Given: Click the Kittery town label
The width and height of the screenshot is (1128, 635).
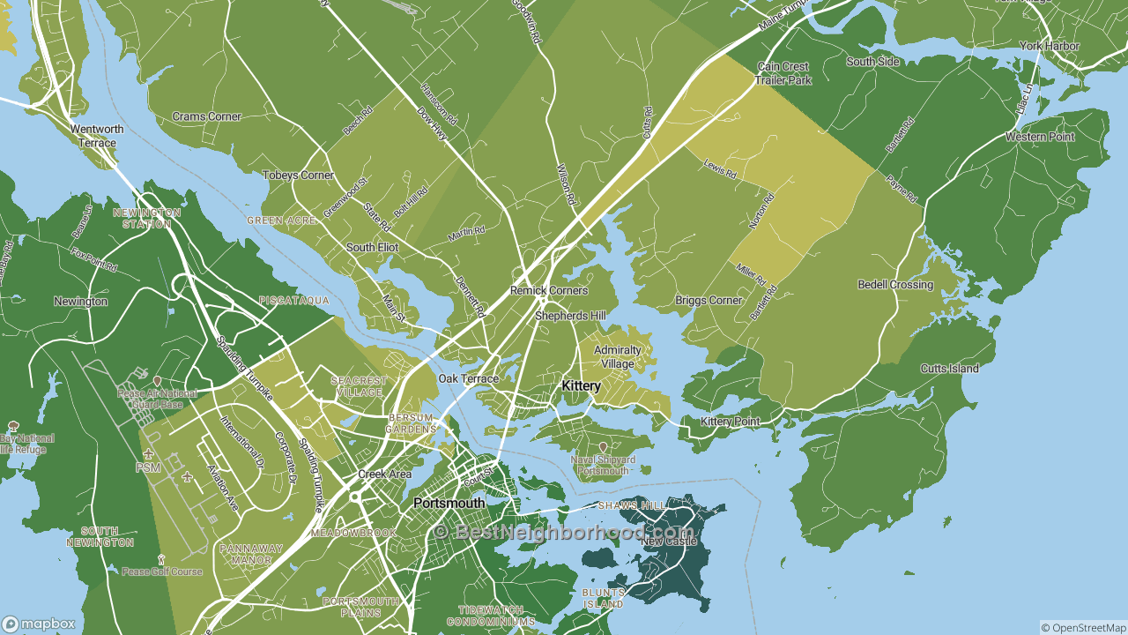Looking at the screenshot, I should [581, 386].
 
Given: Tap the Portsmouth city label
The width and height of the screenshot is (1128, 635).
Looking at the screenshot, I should [449, 504].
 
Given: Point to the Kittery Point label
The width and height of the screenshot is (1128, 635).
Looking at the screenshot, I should [730, 422].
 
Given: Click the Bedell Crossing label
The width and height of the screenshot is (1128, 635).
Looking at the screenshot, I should [895, 285].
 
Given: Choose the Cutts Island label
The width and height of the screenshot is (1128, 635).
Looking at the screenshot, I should [950, 369].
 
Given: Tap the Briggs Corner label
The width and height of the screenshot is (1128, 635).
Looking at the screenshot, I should [709, 301].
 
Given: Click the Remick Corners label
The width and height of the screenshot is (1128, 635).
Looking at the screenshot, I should [549, 290].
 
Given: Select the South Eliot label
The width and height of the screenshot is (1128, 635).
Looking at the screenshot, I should [372, 248].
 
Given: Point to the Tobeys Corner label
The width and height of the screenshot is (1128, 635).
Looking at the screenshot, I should [298, 176].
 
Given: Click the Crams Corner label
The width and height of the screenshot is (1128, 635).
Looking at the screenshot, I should [206, 116].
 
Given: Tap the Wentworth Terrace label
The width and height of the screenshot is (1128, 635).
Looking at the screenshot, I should [97, 136].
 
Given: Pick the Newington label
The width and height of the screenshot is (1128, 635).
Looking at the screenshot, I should [80, 302].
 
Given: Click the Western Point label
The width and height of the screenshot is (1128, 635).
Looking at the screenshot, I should [1040, 137].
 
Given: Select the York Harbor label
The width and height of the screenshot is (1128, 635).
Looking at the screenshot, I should [1049, 46].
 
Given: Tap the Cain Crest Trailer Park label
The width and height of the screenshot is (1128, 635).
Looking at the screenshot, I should [783, 73].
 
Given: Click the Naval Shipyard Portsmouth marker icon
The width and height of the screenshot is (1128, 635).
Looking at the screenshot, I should [603, 447].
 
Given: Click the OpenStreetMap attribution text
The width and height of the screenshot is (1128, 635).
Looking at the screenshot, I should [1083, 628].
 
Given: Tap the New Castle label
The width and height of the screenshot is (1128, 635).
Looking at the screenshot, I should [669, 541].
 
